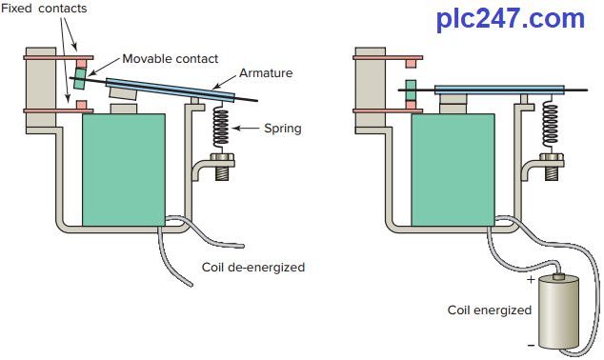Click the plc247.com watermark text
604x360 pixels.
pos(511,19)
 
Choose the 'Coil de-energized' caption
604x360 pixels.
pos(253,268)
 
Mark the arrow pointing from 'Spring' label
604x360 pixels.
pos(250,129)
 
